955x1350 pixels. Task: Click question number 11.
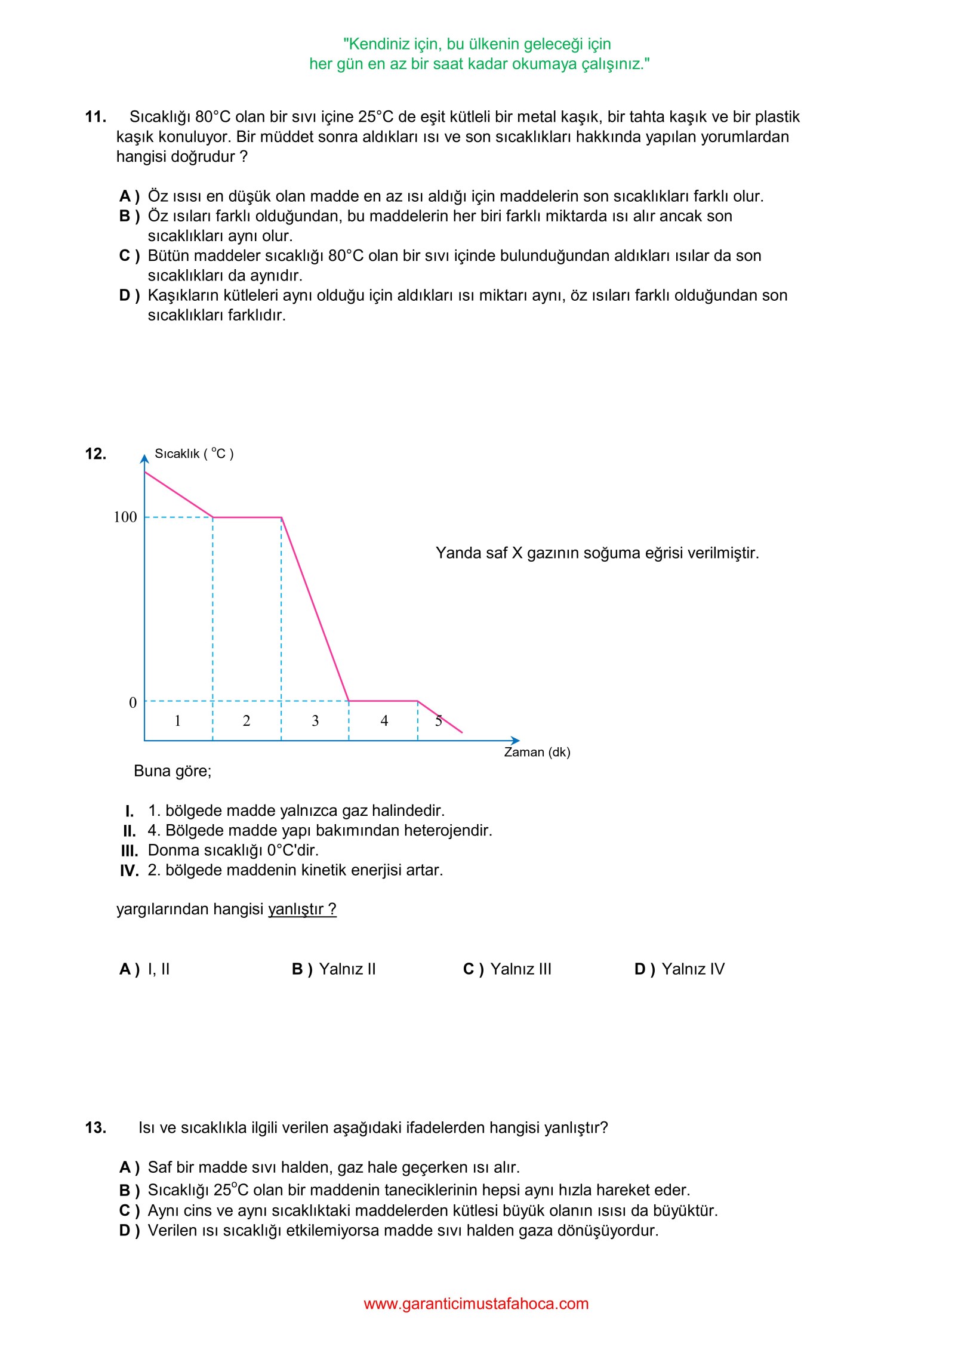point(95,116)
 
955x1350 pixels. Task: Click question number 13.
point(95,1127)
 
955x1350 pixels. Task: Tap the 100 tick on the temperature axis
point(125,517)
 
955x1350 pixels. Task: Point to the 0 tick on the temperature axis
point(133,702)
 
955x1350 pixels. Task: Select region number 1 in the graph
point(177,721)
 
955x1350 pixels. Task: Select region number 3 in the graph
point(315,721)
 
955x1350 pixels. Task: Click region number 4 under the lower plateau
point(384,721)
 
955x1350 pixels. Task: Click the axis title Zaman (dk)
point(537,752)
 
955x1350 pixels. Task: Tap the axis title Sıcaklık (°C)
point(194,454)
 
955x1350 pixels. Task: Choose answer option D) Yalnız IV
point(679,969)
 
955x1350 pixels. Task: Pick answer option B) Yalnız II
point(334,969)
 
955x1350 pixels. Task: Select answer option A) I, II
point(144,969)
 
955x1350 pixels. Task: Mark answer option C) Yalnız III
point(507,969)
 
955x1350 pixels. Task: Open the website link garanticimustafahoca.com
point(476,1303)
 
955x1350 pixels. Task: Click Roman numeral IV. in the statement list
point(129,871)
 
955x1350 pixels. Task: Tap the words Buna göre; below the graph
point(172,771)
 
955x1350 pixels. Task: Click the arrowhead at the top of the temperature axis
point(144,459)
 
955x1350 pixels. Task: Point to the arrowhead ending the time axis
point(516,741)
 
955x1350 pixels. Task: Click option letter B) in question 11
point(129,216)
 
